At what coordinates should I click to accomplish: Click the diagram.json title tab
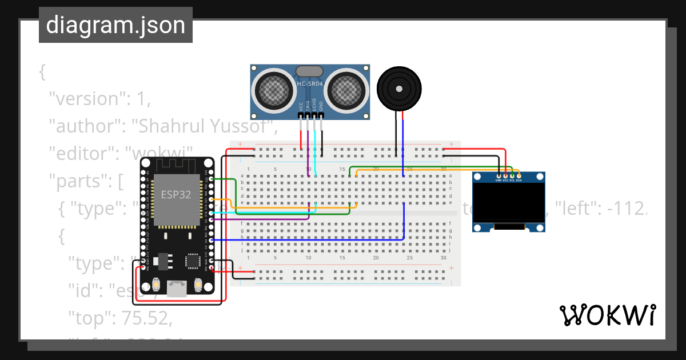[115, 25]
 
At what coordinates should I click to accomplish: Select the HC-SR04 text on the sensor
[310, 85]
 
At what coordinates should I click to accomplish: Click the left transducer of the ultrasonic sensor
[274, 89]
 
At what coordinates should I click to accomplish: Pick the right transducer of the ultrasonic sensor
[346, 89]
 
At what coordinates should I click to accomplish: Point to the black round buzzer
[399, 89]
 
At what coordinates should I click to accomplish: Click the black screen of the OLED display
[509, 204]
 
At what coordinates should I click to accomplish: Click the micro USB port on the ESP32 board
[177, 288]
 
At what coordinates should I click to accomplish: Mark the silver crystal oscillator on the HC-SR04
[309, 71]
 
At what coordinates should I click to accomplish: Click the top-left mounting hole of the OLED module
[479, 178]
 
